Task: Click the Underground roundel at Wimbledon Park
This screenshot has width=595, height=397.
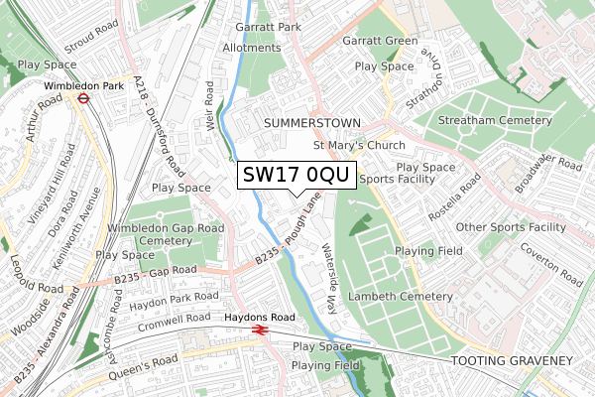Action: click(85, 100)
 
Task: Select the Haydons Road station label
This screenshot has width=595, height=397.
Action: click(260, 317)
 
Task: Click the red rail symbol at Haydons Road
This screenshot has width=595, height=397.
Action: click(261, 330)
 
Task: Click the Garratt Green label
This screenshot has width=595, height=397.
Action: click(380, 42)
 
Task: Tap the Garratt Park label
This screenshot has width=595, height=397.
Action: click(267, 28)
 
